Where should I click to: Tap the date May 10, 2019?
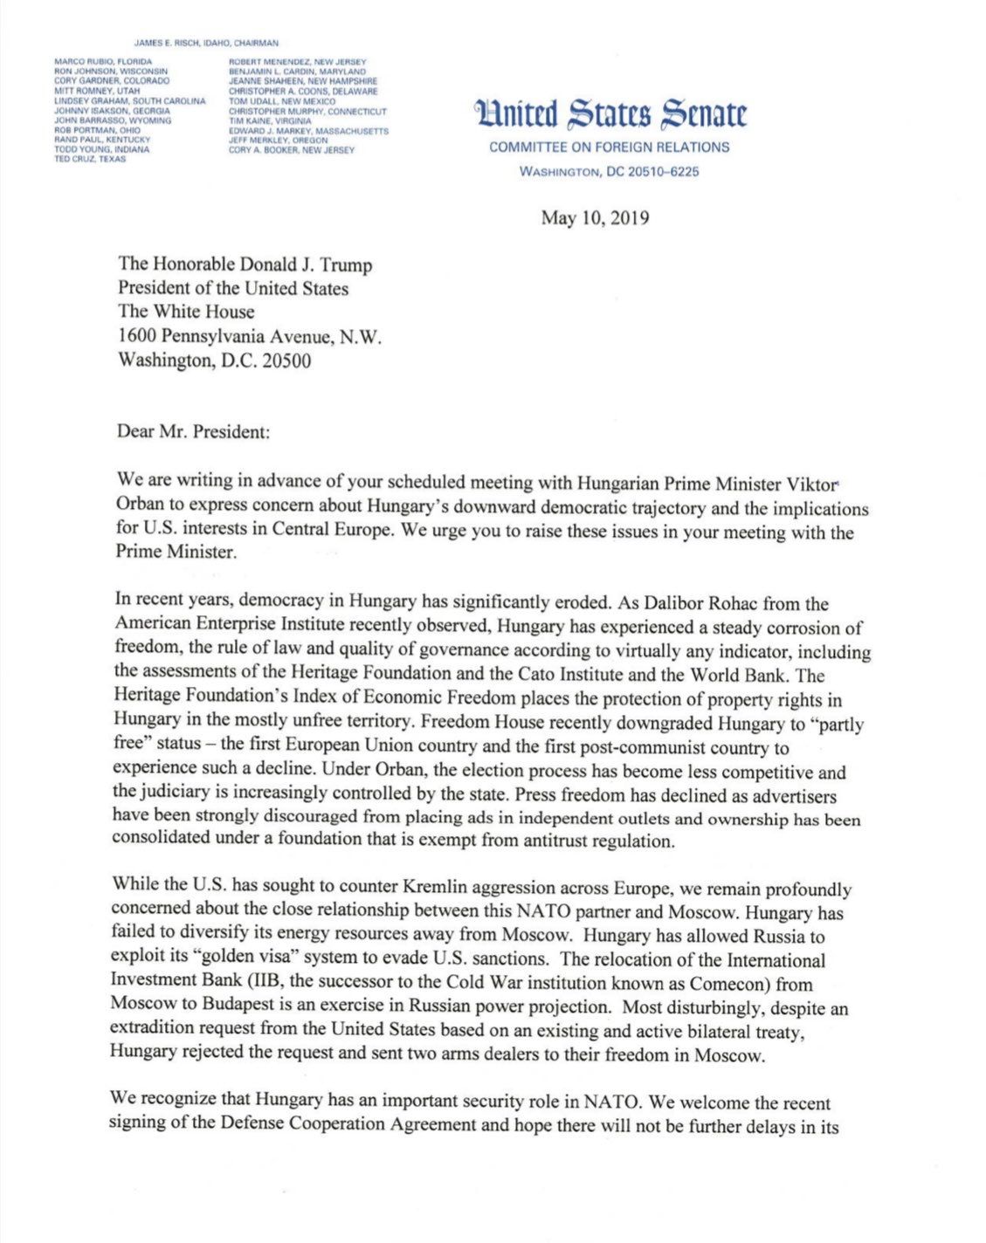coord(595,218)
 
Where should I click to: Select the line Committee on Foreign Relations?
coord(609,148)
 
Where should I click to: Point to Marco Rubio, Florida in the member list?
coord(103,62)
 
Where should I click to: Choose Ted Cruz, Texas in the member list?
coord(90,159)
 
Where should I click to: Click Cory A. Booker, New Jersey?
coord(292,150)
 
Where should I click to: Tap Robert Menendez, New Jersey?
coord(298,62)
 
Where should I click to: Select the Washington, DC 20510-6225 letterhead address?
coord(609,172)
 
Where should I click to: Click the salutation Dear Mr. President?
coord(193,432)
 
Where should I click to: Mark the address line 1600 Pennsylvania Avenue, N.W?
coord(250,336)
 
